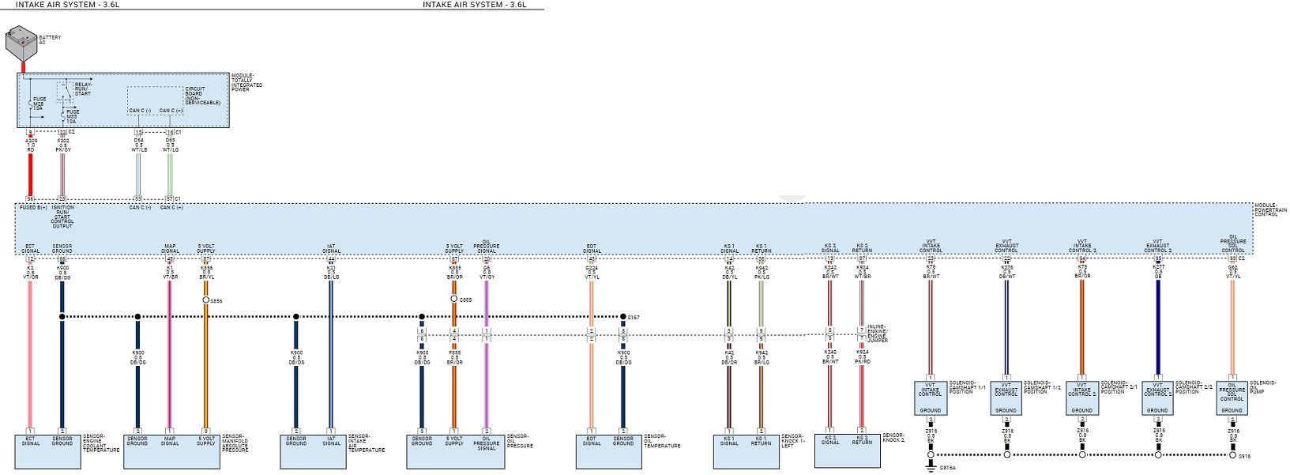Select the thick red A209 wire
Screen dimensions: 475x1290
click(31, 174)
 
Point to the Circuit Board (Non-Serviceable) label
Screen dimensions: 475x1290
click(201, 96)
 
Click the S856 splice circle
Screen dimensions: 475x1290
click(206, 300)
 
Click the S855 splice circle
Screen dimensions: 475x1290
click(454, 300)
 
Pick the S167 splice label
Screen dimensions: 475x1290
click(634, 318)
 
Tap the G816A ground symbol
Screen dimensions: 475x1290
click(931, 467)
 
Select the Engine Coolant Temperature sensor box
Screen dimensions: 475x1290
click(47, 450)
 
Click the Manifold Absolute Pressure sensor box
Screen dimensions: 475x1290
click(171, 450)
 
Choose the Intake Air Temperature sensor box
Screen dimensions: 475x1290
click(313, 450)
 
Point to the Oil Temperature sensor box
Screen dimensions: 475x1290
click(608, 450)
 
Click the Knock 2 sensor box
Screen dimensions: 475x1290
click(846, 450)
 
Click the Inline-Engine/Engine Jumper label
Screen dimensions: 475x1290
click(877, 334)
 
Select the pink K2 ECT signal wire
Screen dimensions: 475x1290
click(30, 356)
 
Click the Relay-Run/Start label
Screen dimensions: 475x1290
click(83, 89)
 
